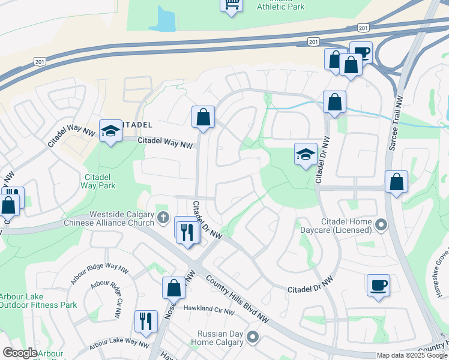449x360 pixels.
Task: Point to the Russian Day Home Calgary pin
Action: [253, 338]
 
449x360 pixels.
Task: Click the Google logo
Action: [20, 353]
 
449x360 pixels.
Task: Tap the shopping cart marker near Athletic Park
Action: [231, 5]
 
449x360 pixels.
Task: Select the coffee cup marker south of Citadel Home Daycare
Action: [379, 285]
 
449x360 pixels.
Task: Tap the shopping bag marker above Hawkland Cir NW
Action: [173, 287]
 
